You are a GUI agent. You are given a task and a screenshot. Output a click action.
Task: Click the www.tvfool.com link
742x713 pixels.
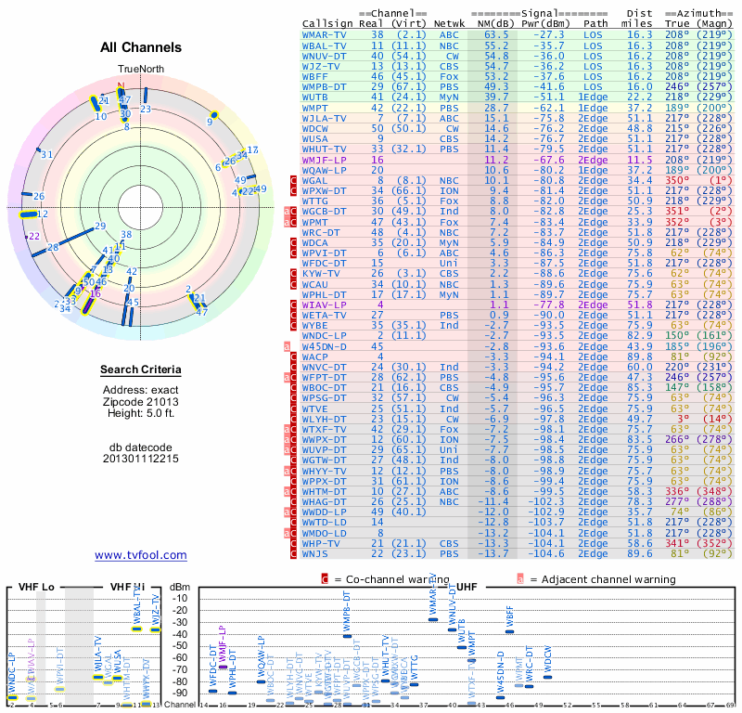141,555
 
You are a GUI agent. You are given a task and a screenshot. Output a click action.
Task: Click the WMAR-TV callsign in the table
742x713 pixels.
325,34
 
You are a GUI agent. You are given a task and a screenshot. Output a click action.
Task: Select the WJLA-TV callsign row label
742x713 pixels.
325,118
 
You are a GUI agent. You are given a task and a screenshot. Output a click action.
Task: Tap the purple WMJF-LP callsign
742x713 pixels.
325,160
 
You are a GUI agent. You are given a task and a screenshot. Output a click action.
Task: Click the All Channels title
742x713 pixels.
141,47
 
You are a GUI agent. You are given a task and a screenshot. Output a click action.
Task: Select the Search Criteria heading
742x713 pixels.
141,370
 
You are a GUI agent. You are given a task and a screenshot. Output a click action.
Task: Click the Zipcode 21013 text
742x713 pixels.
141,402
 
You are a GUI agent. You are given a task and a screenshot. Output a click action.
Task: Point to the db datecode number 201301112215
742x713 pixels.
141,458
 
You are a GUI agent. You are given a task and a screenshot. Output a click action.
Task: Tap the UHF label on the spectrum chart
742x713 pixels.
467,587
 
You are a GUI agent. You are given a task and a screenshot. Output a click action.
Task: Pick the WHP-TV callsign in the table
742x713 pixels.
321,543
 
